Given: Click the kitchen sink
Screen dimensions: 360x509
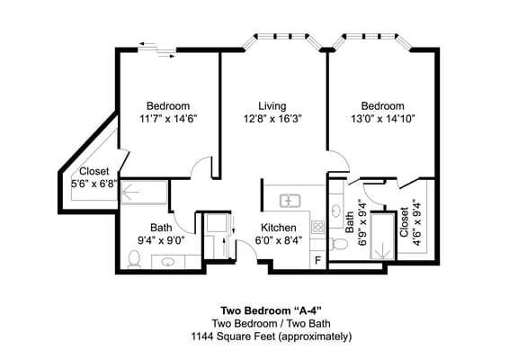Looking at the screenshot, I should point(290,200).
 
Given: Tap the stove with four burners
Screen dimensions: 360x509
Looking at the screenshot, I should point(317,228).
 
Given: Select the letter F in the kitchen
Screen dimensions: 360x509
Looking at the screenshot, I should point(316,260).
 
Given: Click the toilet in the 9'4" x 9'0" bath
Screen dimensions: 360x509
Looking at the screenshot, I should point(134,260).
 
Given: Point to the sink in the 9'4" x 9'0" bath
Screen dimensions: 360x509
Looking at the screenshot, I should point(168,263).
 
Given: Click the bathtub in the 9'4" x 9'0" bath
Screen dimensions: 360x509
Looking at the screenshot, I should point(144,192).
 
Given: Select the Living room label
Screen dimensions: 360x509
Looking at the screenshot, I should point(272,105).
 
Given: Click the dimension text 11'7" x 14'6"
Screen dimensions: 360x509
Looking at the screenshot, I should point(167,118).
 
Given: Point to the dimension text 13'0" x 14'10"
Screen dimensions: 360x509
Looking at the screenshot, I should point(382,118).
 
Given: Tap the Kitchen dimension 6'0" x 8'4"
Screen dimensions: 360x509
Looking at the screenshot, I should point(280,240).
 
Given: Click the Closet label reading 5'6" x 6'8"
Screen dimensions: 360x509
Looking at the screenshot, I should point(94,183).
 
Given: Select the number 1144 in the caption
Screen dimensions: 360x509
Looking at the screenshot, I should point(205,336).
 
